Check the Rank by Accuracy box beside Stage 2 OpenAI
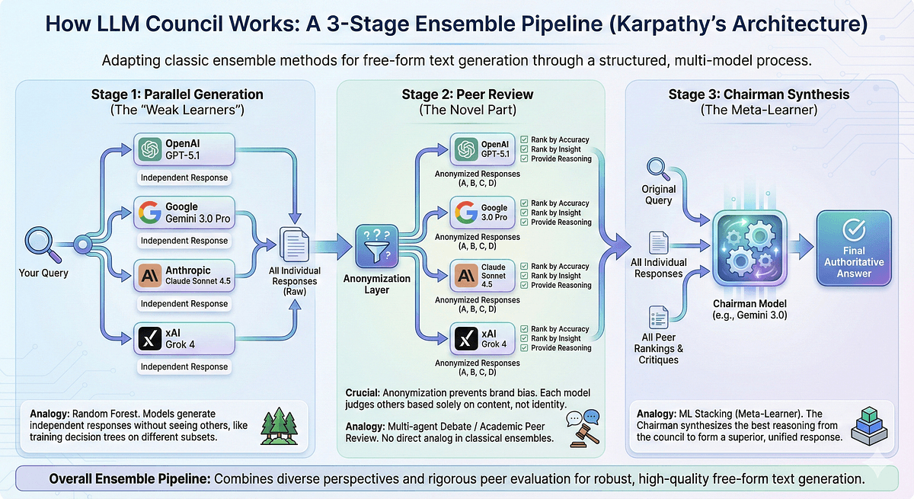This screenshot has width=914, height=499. (x=523, y=139)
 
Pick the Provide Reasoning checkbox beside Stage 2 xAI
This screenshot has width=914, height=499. (x=523, y=348)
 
